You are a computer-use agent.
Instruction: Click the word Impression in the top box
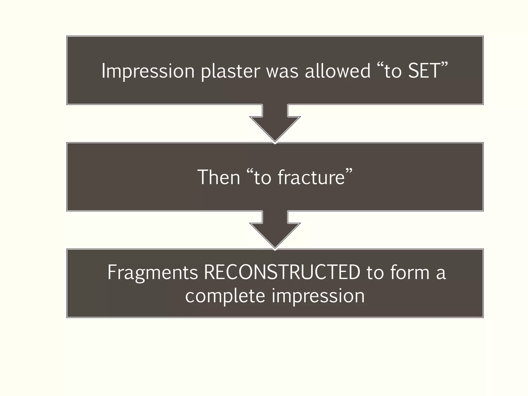[x=148, y=71]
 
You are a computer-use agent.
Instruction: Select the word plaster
[x=230, y=71]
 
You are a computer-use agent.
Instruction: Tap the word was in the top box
[x=282, y=71]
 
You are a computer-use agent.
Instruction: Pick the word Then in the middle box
[x=219, y=177]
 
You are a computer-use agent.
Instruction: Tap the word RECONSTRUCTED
[x=282, y=272]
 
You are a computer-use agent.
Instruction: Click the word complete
[x=225, y=296]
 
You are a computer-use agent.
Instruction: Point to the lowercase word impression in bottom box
[x=318, y=296]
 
